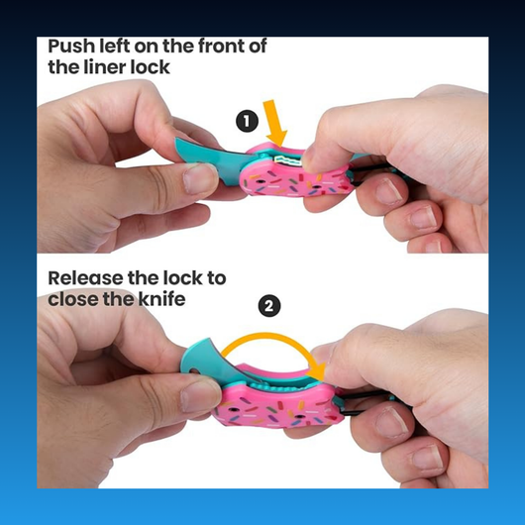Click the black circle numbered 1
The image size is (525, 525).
tap(247, 121)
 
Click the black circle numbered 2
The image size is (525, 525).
tap(269, 306)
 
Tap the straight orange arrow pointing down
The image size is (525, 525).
tap(275, 123)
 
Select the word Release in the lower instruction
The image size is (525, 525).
tap(85, 278)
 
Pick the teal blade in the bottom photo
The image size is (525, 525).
tap(214, 364)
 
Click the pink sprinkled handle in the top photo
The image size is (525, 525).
tap(294, 174)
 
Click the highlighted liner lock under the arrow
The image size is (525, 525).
tap(288, 160)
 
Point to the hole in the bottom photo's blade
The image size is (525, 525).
tap(193, 370)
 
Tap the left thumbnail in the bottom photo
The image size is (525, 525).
tap(200, 396)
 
